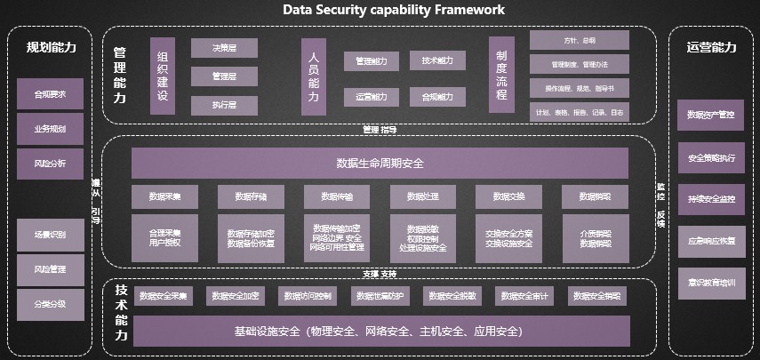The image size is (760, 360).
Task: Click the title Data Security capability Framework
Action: pos(393,10)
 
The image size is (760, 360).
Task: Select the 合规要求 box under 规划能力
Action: pos(50,93)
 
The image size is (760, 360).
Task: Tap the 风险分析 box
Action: pos(50,164)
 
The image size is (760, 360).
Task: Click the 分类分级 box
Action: pos(50,304)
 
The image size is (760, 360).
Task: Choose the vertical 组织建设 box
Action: pos(163,76)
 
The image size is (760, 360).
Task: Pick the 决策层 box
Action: pos(212,48)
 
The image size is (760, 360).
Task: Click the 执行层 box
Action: pos(212,105)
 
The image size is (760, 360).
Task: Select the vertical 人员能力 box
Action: pos(314,76)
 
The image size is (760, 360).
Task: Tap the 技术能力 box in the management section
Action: pos(437,60)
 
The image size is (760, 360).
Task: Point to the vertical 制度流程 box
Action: pos(501,76)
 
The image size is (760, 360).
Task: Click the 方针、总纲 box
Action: pos(580,40)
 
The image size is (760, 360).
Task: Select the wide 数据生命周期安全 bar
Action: pos(380,163)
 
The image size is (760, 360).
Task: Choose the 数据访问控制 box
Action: pos(308,295)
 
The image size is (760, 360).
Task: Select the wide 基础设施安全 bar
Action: pos(380,331)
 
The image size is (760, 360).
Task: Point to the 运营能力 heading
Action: pos(711,48)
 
